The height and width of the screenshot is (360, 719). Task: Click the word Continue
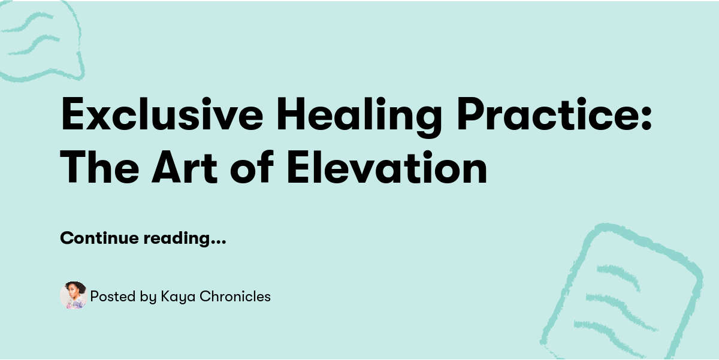click(x=99, y=238)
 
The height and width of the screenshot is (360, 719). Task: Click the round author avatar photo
click(x=73, y=296)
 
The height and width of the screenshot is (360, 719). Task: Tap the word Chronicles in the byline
click(x=235, y=296)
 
